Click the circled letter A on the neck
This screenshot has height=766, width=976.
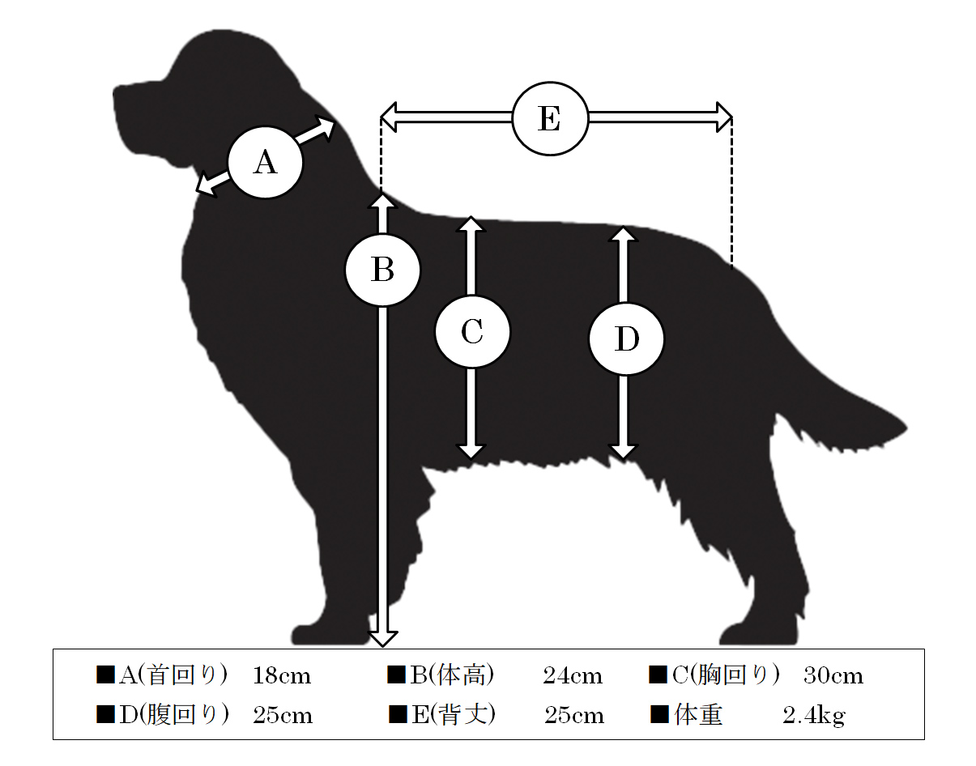[x=266, y=162]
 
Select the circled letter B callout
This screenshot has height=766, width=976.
[x=382, y=270]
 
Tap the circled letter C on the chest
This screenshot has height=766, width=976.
[x=472, y=332]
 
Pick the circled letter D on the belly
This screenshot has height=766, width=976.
[x=627, y=339]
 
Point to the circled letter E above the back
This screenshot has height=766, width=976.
[x=550, y=119]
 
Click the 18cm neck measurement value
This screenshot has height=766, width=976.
[x=282, y=676]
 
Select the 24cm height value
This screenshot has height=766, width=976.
[x=572, y=676]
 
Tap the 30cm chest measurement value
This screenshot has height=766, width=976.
[x=833, y=676]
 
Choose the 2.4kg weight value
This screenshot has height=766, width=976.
[x=814, y=716]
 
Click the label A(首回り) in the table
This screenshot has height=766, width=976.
[x=173, y=675]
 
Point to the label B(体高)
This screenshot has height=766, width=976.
[x=452, y=675]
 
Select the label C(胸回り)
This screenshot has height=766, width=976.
[x=726, y=675]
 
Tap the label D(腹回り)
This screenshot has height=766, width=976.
[x=174, y=715]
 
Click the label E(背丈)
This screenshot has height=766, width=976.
[x=454, y=715]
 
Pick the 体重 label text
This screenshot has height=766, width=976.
[x=698, y=715]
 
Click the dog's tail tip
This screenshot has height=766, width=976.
[x=905, y=429]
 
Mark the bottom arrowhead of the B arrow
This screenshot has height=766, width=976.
[x=382, y=639]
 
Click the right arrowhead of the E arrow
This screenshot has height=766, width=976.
[x=724, y=117]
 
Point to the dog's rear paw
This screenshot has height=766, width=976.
[x=759, y=632]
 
